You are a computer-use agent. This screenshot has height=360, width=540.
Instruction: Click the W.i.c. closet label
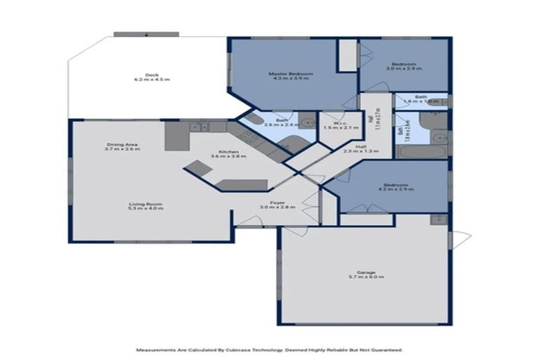coord(336,124)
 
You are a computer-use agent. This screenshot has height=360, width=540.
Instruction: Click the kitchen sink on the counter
coord(198,127)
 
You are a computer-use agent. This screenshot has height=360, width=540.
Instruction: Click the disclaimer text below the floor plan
coord(269,349)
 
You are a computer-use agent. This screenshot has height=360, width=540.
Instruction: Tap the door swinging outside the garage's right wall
coord(460,240)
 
